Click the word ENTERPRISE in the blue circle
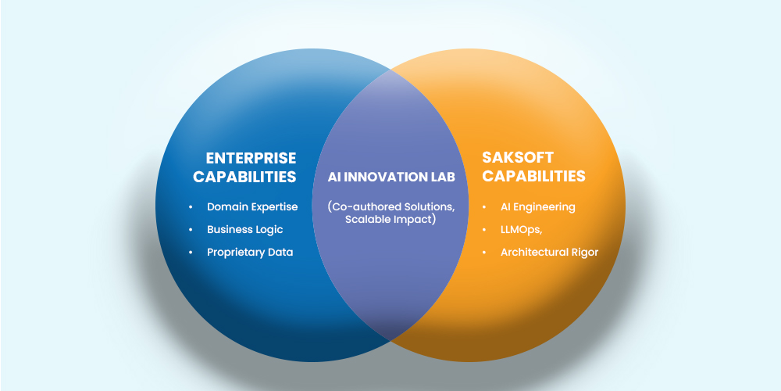(251, 158)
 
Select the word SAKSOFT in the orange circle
(518, 158)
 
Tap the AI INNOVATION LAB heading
(391, 177)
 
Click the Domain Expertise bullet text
(252, 207)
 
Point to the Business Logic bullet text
(245, 229)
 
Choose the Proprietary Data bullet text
(250, 253)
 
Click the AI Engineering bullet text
(538, 207)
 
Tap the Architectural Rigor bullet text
(549, 253)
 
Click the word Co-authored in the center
(361, 206)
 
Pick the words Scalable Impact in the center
(389, 220)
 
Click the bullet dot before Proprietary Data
(191, 253)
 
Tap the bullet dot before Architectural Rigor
(484, 253)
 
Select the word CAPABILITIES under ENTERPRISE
(244, 177)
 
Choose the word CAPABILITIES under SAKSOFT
(533, 176)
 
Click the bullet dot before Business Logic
(191, 230)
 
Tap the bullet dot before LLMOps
(484, 230)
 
